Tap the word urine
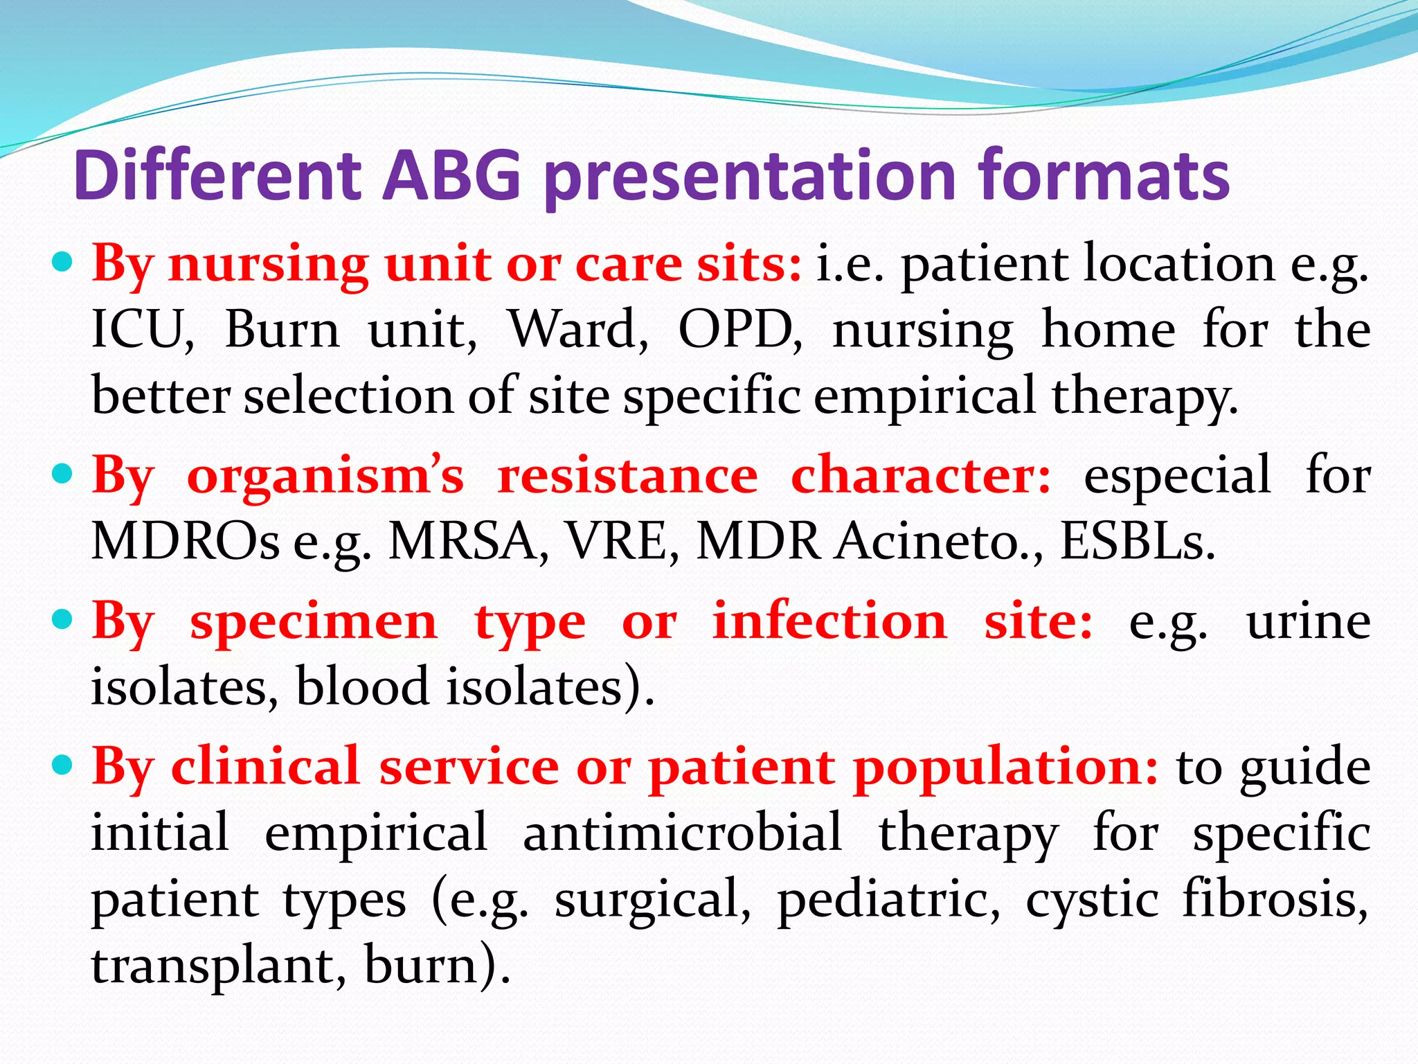pos(1307,621)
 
